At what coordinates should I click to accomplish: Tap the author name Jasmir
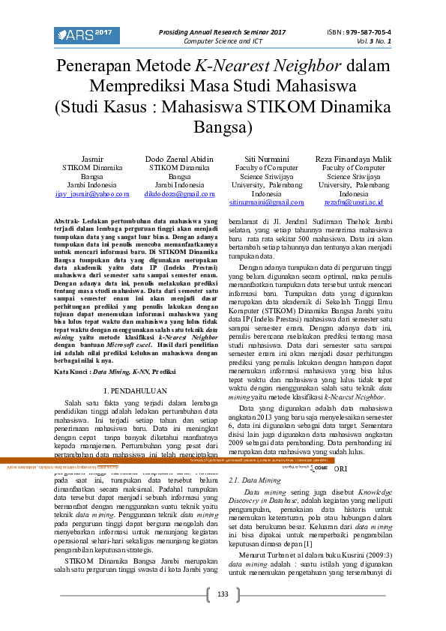click(91, 159)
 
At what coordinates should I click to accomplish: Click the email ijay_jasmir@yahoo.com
click(91, 193)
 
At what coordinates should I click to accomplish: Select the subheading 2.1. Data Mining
click(244, 478)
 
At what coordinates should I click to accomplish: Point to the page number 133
click(223, 594)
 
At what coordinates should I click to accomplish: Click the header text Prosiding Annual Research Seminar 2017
click(222, 32)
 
